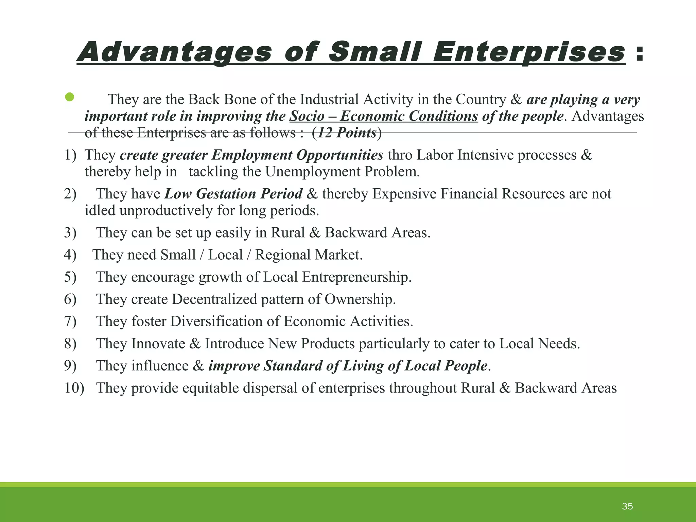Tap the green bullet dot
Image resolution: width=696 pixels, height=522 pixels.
[x=70, y=97]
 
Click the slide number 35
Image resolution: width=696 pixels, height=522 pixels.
[x=627, y=506]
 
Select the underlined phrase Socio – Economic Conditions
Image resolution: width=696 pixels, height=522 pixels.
[x=384, y=116]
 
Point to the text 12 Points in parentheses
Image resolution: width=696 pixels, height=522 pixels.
[x=347, y=133]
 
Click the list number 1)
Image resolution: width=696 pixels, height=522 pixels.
[x=70, y=155]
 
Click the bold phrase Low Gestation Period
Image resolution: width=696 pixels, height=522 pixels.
[x=233, y=194]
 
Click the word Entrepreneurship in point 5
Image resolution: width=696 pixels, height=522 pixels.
[x=356, y=277]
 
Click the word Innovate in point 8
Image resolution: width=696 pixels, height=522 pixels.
[x=158, y=344]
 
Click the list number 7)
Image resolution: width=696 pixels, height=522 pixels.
[x=70, y=321]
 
